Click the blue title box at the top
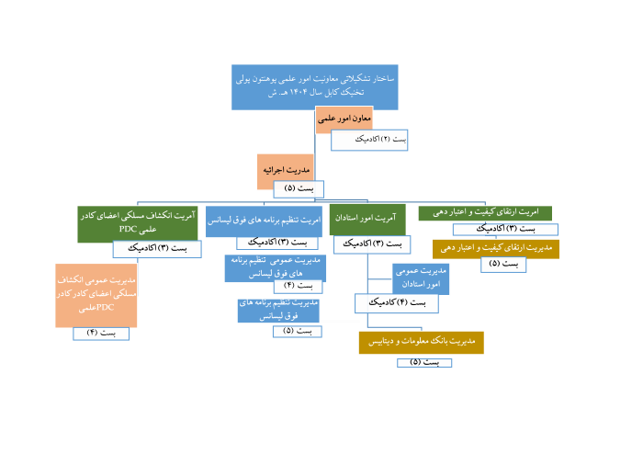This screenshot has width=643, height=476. pos(315,87)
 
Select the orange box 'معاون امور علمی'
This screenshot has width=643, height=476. pos(344,119)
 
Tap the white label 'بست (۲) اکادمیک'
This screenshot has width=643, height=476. pos(369,140)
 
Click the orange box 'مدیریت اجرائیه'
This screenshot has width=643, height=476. pos(285,171)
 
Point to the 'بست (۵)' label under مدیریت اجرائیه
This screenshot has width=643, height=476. pos(299,189)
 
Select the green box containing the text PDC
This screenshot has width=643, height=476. pos(138,223)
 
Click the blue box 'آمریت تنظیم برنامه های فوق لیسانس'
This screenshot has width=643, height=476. pos(264,221)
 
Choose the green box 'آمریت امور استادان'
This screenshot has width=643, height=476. pos(367,220)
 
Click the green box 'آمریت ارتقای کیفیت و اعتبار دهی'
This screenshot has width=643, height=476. pos(485,213)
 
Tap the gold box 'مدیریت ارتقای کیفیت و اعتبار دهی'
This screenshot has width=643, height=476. pos(496,248)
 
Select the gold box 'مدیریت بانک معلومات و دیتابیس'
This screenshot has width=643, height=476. pos(421,342)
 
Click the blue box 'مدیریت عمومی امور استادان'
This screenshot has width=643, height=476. pos(421,278)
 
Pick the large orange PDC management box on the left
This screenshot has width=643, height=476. pos(96,295)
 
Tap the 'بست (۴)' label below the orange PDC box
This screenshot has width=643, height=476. pos(101,333)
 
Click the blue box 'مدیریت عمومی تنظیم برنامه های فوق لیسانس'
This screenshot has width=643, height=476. pos(275,266)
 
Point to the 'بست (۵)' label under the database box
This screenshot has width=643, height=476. pos(424,363)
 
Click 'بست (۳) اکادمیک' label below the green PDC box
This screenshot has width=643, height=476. pos(157,249)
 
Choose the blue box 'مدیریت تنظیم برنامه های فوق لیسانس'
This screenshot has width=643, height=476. pos(278,309)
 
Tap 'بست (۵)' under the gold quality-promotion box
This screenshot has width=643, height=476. pos(503,265)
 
